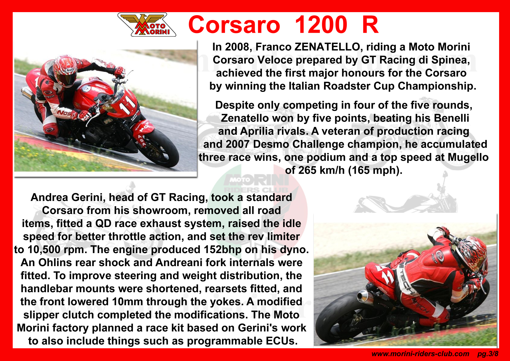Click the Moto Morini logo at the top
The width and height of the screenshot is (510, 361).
(x=147, y=25)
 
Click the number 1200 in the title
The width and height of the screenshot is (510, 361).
(x=321, y=25)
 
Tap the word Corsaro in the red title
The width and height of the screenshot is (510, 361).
(x=234, y=25)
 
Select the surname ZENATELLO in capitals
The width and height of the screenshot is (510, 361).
(x=327, y=47)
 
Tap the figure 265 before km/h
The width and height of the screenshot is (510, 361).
(x=306, y=170)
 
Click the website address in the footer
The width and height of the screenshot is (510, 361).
(x=420, y=354)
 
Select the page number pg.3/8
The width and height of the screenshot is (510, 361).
(x=488, y=354)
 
